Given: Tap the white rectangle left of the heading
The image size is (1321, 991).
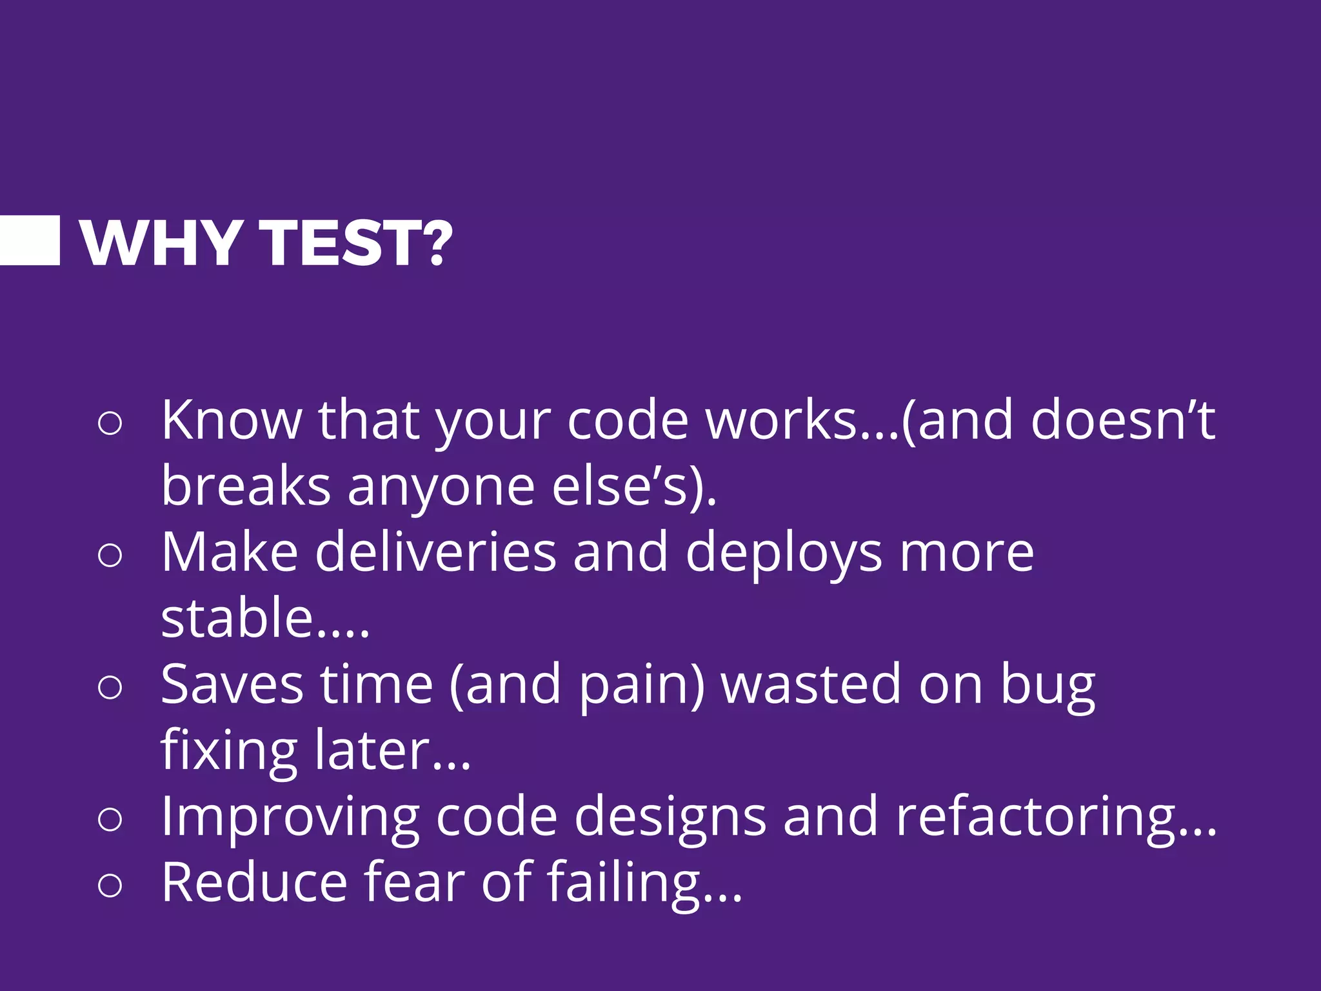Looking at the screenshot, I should point(30,241).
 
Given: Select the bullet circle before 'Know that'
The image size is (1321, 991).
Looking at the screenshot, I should point(110,424).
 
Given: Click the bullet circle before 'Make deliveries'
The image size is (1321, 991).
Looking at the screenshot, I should point(110,556).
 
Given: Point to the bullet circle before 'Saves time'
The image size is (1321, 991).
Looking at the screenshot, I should point(110,687).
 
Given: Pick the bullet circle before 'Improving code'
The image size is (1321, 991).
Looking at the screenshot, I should point(110,819).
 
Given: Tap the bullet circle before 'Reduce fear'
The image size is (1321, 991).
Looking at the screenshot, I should point(110,885).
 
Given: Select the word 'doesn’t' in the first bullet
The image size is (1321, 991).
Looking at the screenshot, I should point(1122,421).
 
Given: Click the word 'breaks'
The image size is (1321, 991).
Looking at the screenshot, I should point(246,486).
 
